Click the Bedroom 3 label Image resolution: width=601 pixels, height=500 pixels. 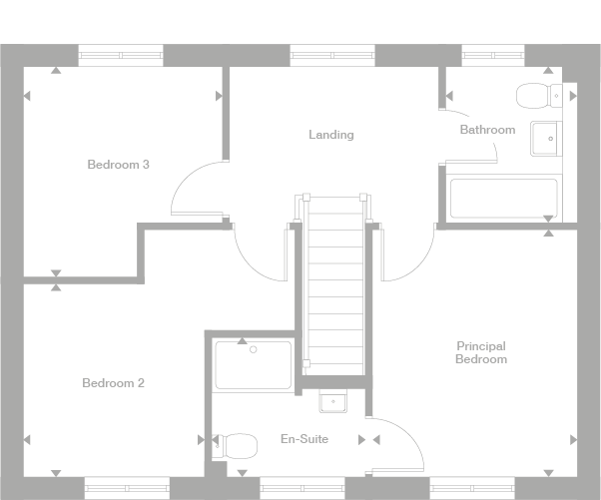coord(118,165)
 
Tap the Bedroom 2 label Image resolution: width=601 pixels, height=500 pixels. coord(114,383)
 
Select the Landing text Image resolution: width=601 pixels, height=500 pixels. coord(330,135)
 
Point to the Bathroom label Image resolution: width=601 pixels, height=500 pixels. coord(487,130)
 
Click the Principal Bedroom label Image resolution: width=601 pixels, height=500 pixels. coord(480,352)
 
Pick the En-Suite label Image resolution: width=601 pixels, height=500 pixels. coord(304,439)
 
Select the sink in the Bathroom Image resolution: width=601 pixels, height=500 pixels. coord(544,140)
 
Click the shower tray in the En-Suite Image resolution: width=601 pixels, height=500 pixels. coord(254,365)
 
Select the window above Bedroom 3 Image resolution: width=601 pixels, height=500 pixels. coord(121,56)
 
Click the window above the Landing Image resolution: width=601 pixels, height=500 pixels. coord(332,56)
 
